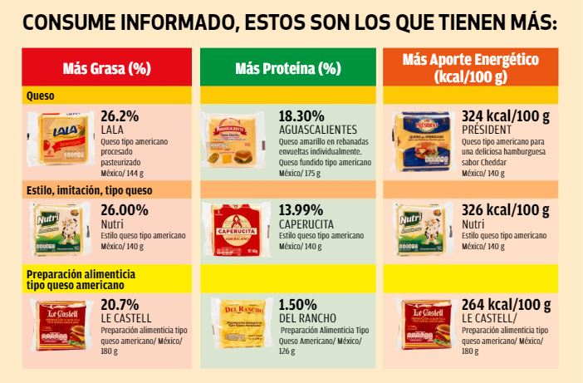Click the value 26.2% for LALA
point(120,115)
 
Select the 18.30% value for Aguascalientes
point(301,115)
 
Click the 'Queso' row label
point(41,96)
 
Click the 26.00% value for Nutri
point(125,210)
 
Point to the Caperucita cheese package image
point(239,226)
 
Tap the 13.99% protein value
point(301,210)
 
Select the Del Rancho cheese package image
point(239,321)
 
